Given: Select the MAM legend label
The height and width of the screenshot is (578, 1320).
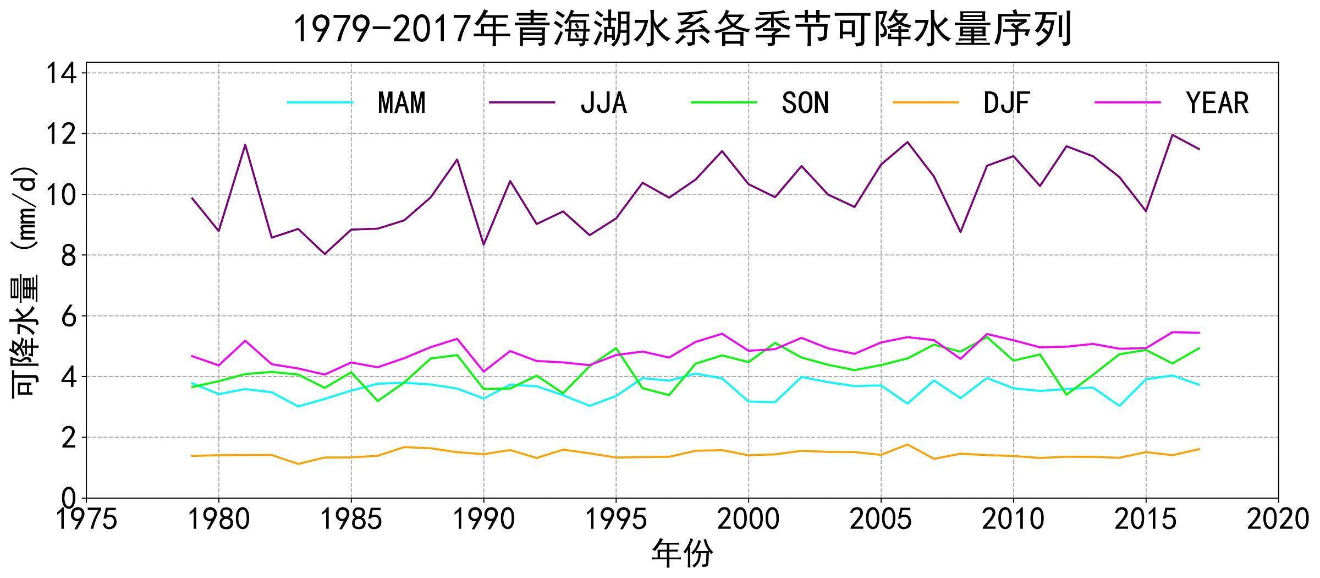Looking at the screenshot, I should [402, 103].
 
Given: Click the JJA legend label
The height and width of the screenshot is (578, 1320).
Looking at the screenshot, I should [603, 103].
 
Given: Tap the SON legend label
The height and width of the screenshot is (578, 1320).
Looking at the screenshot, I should [805, 103].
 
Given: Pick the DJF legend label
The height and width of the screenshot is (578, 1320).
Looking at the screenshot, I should [1007, 103].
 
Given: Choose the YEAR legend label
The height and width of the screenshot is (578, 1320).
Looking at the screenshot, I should [1217, 103].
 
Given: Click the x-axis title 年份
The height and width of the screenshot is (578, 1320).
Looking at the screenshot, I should [682, 553].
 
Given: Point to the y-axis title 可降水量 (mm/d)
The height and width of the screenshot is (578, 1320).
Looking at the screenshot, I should [25, 281].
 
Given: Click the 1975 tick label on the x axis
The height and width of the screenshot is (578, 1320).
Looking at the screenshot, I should [87, 519].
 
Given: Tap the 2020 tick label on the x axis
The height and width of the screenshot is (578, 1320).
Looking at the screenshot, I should [1278, 519].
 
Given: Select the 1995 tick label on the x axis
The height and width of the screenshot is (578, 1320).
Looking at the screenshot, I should [616, 519].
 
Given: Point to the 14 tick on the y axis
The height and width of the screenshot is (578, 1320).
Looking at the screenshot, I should [61, 73].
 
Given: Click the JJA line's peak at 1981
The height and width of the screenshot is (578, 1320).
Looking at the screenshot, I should [245, 145].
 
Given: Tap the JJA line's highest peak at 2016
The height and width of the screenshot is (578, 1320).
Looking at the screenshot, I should [1172, 135].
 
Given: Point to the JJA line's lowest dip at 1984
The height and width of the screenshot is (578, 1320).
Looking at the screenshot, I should [324, 254].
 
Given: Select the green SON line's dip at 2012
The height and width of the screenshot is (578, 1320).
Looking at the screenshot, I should [1066, 395].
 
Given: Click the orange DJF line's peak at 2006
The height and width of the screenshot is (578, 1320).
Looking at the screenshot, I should [908, 444].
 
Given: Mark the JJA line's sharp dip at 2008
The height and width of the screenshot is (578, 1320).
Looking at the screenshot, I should [960, 232].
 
